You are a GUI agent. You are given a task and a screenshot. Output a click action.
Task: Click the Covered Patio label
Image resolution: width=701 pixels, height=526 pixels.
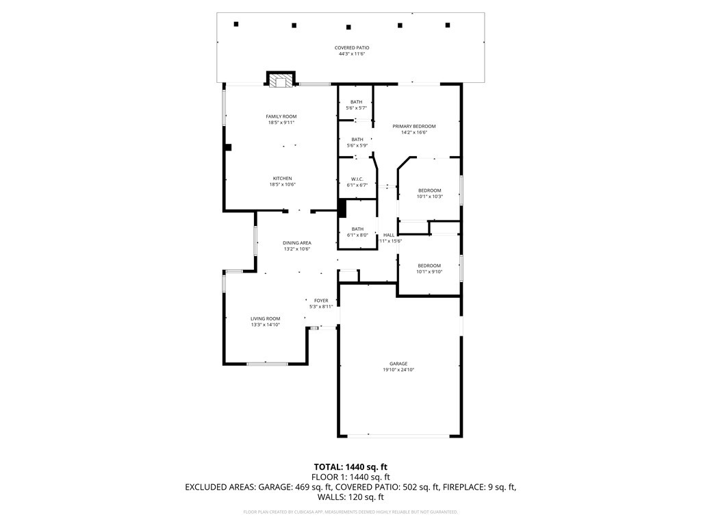[352, 48]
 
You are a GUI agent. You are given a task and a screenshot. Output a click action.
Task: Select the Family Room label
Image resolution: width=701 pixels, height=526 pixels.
[281, 116]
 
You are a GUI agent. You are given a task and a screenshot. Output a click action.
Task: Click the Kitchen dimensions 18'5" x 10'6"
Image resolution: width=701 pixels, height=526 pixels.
[281, 184]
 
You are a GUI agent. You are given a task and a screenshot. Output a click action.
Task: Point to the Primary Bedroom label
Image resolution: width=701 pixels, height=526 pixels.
[413, 126]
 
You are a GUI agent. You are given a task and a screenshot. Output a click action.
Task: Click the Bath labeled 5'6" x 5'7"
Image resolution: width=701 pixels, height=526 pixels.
[356, 102]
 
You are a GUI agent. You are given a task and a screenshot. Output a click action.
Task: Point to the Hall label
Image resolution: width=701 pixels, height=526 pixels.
[388, 235]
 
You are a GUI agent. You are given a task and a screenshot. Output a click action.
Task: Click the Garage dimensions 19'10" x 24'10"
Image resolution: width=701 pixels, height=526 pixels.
[398, 370]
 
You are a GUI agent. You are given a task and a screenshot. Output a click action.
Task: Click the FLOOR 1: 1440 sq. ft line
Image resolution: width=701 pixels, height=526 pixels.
[350, 477]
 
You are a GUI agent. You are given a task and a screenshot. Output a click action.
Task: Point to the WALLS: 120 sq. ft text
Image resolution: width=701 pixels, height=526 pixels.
[350, 497]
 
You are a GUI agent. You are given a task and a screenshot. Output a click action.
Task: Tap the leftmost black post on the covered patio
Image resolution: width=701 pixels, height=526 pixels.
[236, 24]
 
